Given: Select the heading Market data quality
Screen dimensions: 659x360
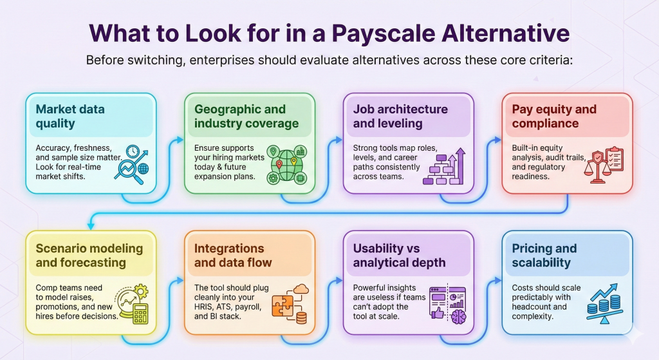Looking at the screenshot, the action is (70, 116).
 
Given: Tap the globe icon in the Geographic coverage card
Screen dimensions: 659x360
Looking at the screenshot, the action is (286, 166).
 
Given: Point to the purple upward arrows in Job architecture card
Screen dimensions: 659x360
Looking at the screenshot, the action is (458, 166).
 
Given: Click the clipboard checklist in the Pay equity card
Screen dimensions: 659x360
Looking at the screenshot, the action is (615, 158).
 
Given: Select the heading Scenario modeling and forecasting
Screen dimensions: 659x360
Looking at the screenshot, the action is (89, 255).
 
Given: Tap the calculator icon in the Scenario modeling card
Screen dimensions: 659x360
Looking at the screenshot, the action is (140, 314).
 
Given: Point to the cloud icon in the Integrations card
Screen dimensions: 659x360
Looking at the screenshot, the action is (301, 289).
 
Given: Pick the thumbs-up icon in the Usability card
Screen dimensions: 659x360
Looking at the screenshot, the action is (438, 314).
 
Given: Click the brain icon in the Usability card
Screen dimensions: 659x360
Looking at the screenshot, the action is (458, 316).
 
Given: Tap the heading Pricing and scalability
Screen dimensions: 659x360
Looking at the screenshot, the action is (544, 255).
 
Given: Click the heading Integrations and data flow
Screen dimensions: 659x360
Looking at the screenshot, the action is (233, 255).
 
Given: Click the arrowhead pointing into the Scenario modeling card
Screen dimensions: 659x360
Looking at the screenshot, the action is (91, 226).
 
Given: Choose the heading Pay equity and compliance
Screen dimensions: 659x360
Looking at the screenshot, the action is (554, 116).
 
